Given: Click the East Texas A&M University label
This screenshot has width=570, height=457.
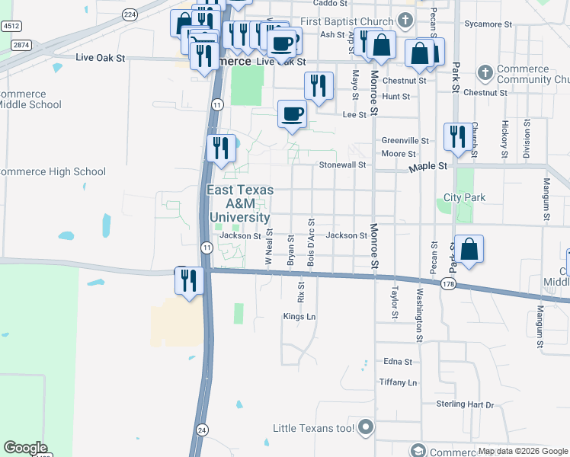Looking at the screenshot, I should tap(238, 204).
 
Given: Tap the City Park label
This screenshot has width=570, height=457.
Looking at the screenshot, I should tap(464, 197).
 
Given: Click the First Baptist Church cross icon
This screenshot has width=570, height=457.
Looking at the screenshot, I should tap(405, 20).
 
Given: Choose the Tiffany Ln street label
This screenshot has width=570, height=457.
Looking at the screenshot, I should tap(398, 382).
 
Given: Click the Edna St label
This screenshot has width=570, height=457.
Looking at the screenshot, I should tap(398, 362).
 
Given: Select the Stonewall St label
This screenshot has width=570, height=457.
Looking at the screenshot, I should tap(343, 165).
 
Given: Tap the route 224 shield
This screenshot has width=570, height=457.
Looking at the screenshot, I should tap(130, 14).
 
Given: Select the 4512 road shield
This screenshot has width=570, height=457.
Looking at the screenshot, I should tap(11, 26).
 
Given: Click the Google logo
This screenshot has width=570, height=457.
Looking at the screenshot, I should tap(25, 448).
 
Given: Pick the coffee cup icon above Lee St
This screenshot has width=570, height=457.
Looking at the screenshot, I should tap(292, 114).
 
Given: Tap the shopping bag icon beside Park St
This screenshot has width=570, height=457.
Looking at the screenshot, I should tap(469, 249).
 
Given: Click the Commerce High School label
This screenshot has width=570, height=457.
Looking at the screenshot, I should tap(52, 171).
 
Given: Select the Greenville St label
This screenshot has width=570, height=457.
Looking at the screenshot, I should tap(405, 141).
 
